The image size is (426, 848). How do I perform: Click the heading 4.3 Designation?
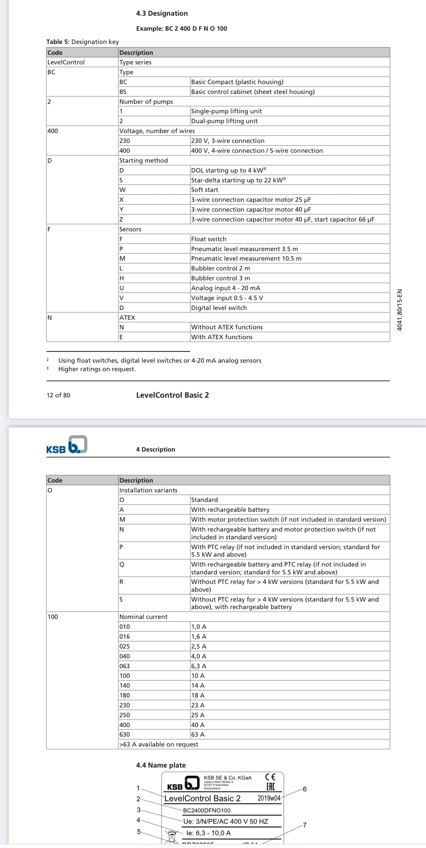(162, 13)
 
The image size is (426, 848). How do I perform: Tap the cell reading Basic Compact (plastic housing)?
(237, 82)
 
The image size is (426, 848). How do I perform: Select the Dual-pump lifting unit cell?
(224, 121)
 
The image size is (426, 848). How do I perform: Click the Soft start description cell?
(204, 190)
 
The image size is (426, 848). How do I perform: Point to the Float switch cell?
(209, 239)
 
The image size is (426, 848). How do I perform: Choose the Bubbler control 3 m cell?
(220, 278)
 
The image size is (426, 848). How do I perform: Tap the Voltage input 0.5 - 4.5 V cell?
(227, 298)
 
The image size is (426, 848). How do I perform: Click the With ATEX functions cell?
(222, 337)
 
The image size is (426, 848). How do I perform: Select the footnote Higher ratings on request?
(97, 369)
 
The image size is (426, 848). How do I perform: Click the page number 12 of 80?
(59, 395)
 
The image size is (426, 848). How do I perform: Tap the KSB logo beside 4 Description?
(67, 445)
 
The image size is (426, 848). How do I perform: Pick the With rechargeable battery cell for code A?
(230, 510)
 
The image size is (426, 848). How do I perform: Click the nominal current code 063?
(125, 666)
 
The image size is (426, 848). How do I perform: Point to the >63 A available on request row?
(159, 744)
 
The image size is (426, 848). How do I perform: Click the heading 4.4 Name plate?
(161, 765)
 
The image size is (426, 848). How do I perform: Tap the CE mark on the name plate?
(270, 777)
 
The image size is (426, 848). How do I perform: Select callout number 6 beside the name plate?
(305, 789)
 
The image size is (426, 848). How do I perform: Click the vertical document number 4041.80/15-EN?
(400, 310)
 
